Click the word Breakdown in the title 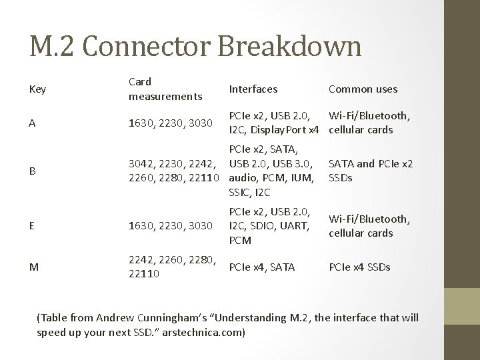292,47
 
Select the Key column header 38,89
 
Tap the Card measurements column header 165,89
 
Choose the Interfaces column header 253,89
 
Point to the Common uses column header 363,89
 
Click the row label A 33,123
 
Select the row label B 33,171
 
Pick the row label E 33,225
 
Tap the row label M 34,267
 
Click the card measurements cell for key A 170,123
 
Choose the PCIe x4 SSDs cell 359,267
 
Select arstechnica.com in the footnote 209,331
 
